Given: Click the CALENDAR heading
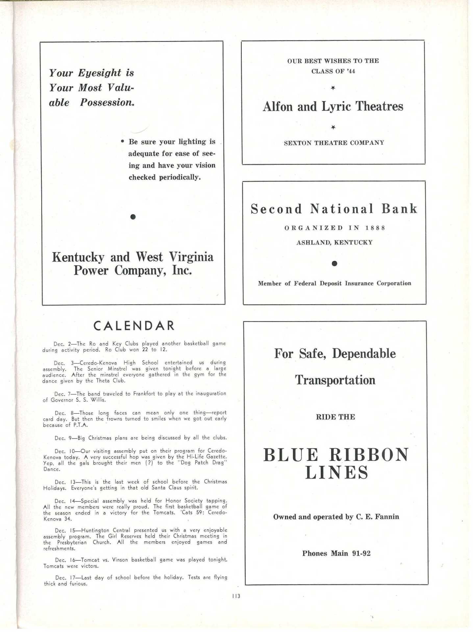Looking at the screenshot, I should (x=134, y=326).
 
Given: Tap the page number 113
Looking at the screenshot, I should (x=236, y=596).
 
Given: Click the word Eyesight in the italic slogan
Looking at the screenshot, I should (x=99, y=73).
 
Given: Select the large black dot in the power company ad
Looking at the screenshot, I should (x=133, y=216).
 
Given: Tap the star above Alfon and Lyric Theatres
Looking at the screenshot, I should (x=333, y=88).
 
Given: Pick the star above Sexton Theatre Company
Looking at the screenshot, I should (x=333, y=127).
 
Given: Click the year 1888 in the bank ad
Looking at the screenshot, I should (x=375, y=228).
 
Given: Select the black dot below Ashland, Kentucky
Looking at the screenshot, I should (x=334, y=264).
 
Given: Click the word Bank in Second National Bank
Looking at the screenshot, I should (x=399, y=209).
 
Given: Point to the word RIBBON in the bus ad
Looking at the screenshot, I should (x=369, y=455).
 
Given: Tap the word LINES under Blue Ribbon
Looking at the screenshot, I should (x=336, y=473).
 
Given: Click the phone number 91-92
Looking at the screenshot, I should (x=361, y=553).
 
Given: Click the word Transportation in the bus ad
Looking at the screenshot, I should (x=335, y=380).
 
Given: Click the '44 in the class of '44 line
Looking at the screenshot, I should (x=351, y=71).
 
